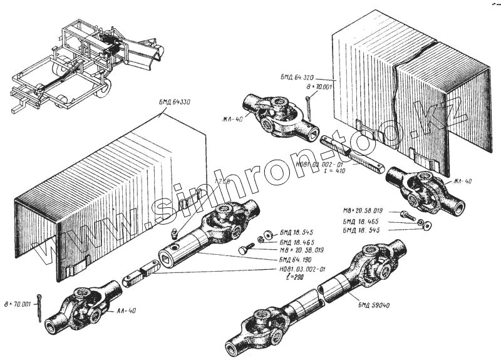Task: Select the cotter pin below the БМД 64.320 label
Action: pos(309,105)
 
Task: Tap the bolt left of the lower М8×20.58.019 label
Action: pos(243,250)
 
